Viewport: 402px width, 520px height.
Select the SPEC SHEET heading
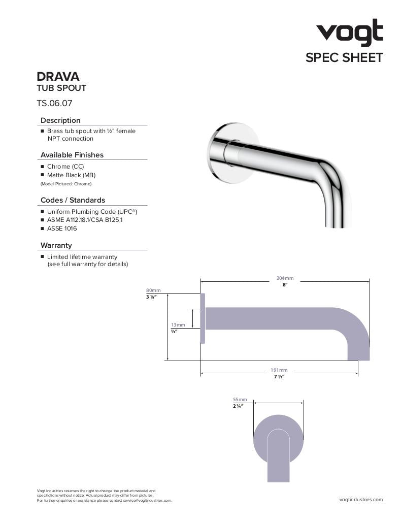344,58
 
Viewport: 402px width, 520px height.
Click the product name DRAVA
58,77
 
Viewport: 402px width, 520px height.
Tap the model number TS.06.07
54,103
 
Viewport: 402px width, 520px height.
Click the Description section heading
60,120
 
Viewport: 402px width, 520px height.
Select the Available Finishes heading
72,155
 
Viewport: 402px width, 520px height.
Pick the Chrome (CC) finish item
65,167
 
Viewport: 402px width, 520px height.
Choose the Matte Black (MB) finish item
71,175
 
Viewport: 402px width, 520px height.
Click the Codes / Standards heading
73,200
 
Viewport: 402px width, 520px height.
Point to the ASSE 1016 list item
62,229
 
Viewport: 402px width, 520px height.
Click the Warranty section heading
56,245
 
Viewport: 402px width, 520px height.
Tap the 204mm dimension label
285,278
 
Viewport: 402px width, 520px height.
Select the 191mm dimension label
279,370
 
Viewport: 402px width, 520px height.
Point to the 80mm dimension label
153,290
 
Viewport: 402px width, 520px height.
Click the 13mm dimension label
178,324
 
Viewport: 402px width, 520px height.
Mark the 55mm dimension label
240,400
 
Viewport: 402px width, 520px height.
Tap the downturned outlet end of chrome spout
338,213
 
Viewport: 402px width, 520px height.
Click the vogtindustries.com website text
361,500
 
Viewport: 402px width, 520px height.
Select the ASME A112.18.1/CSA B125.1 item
85,220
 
